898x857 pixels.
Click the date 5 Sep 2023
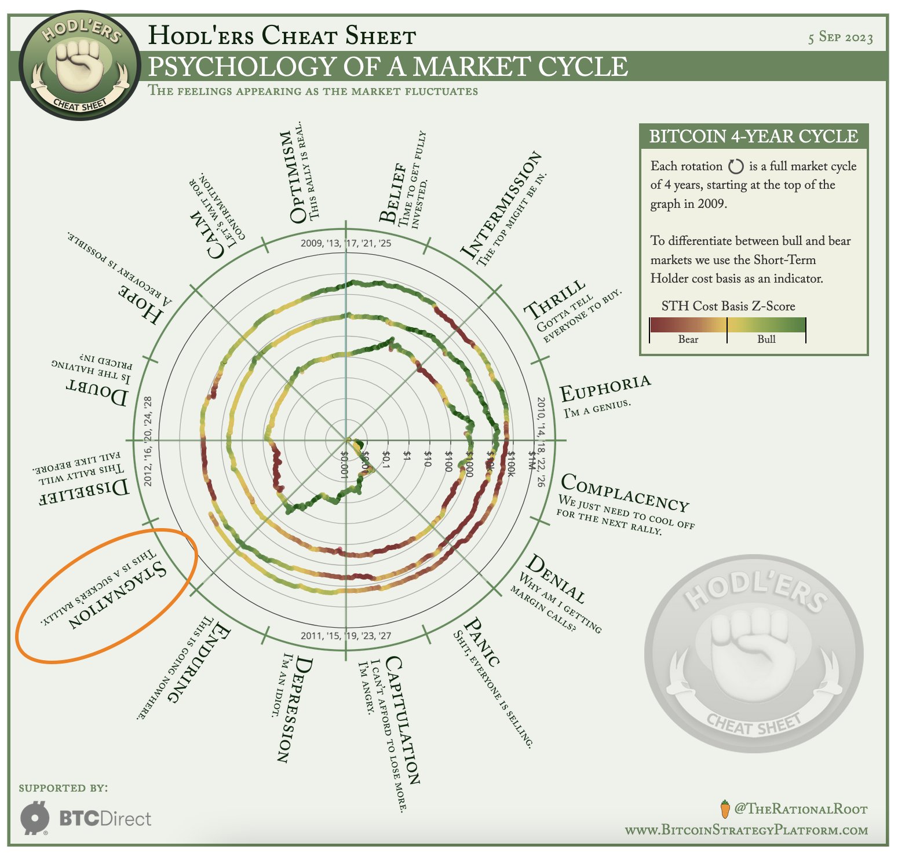coord(840,38)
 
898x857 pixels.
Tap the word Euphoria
coord(605,389)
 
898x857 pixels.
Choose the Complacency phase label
coord(625,492)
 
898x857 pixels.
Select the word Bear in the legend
coord(688,339)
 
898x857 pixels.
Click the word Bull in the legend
coord(766,339)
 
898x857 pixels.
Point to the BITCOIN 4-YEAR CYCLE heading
coord(753,136)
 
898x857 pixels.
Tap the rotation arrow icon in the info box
coord(735,167)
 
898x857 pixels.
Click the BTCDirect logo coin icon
coord(35,818)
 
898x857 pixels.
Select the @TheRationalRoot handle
coord(800,809)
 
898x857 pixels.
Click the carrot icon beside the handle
coord(724,808)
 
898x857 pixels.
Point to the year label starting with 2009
coord(346,243)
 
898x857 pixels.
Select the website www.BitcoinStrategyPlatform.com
coord(746,830)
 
